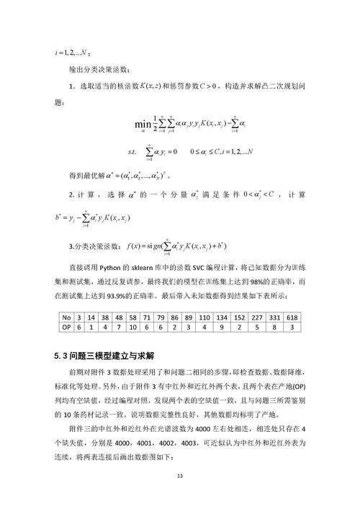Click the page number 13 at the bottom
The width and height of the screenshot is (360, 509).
click(180, 476)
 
